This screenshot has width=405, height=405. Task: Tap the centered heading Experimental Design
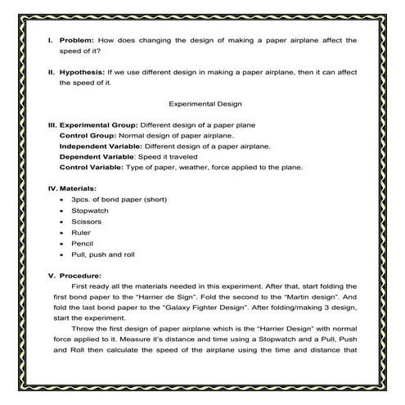(201, 104)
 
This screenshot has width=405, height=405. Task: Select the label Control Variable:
(92, 167)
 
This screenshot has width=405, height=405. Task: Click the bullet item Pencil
(83, 243)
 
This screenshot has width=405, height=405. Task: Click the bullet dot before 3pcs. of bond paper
(63, 200)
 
